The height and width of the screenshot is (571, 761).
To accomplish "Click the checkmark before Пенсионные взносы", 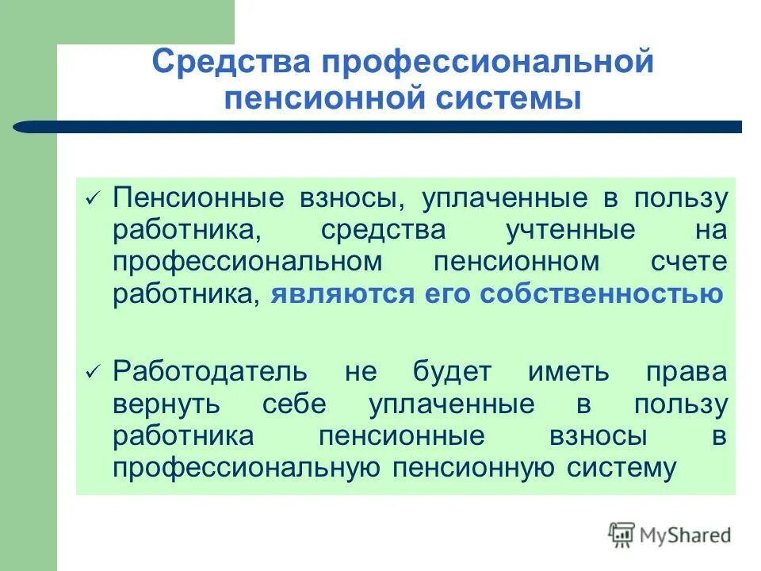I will (x=93, y=199).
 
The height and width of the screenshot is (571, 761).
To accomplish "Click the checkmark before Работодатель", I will (x=93, y=371).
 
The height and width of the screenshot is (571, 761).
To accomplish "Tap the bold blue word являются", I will (x=341, y=294).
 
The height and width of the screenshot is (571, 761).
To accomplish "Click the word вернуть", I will (x=166, y=404).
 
